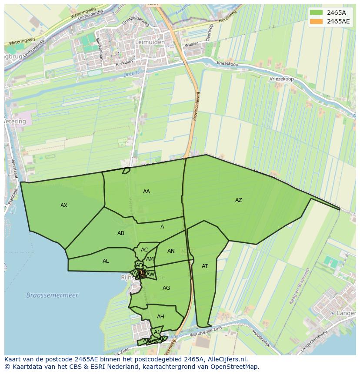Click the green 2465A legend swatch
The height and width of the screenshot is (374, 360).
[316, 13]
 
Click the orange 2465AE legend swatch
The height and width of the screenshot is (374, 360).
[316, 21]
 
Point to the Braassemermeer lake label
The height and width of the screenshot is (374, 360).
[52, 295]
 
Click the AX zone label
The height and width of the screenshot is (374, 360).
[64, 205]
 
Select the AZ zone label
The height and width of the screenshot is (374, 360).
[238, 200]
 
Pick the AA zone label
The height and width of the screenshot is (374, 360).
[147, 192]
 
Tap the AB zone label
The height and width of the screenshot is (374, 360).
[121, 233]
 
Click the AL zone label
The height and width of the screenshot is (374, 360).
[106, 261]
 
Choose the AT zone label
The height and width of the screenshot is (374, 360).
[205, 266]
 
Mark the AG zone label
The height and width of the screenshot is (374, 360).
[166, 288]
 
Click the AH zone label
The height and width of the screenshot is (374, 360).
[160, 317]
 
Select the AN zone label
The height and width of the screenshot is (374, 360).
[171, 251]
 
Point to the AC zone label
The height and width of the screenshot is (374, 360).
[144, 250]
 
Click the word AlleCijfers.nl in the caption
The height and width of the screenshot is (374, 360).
[226, 359]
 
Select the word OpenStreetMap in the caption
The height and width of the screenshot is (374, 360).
[234, 367]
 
